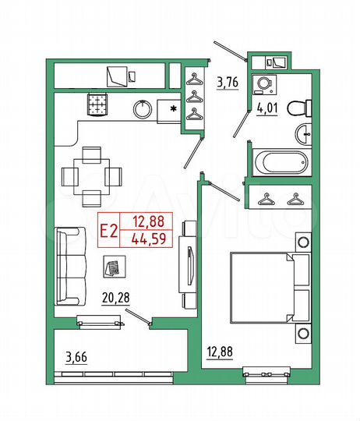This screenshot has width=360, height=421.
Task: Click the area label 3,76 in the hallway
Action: click(x=228, y=80)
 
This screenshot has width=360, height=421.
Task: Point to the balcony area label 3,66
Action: click(x=76, y=358)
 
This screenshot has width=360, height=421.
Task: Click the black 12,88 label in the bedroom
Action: click(x=220, y=351)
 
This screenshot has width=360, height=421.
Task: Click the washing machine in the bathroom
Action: click(x=263, y=85)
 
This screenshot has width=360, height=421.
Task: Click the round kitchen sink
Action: click(x=143, y=109)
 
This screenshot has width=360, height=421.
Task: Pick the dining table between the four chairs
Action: click(x=92, y=173)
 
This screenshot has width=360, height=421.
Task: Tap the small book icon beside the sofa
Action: click(x=113, y=267)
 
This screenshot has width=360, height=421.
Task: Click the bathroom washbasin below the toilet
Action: click(x=302, y=134)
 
